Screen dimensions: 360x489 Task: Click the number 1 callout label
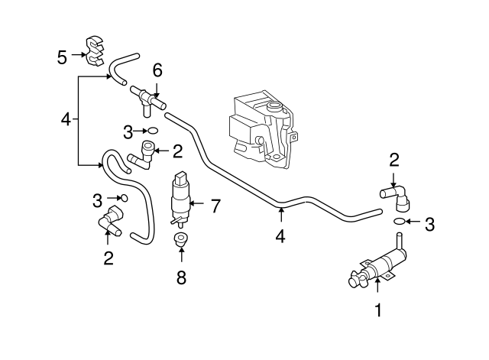pyautogui.click(x=377, y=310)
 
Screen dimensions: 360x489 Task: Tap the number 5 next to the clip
pyautogui.click(x=62, y=56)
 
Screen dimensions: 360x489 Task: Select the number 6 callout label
pyautogui.click(x=157, y=70)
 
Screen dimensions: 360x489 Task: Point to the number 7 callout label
pyautogui.click(x=215, y=205)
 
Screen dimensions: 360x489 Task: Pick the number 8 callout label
pyautogui.click(x=181, y=277)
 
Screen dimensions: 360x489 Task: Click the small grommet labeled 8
pyautogui.click(x=181, y=242)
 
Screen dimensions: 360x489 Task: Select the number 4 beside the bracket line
pyautogui.click(x=66, y=119)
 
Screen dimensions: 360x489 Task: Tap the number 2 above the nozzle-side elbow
pyautogui.click(x=394, y=160)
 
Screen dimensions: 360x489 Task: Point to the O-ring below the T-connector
pyautogui.click(x=152, y=130)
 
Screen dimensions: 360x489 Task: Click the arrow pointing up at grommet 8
pyautogui.click(x=181, y=258)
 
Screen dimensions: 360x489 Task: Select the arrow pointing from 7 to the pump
pyautogui.click(x=197, y=204)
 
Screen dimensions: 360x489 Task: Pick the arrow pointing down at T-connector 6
pyautogui.click(x=157, y=87)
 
